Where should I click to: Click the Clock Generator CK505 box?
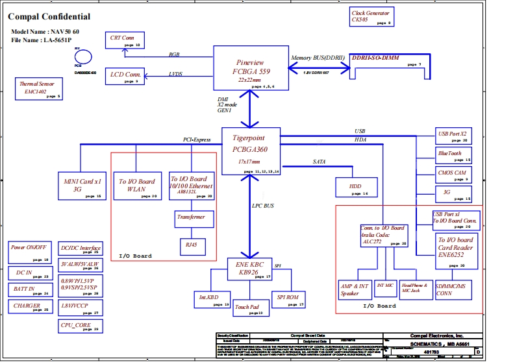pyautogui.click(x=371, y=18)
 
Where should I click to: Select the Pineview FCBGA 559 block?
pyautogui.click(x=250, y=69)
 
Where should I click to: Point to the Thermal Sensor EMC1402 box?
pyautogui.click(x=40, y=89)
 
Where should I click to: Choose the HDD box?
pyautogui.click(x=355, y=187)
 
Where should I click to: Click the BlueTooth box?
pyautogui.click(x=453, y=155)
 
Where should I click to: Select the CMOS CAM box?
pyautogui.click(x=453, y=175)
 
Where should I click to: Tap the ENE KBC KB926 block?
pyautogui.click(x=250, y=268)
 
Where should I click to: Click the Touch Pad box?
pyautogui.click(x=250, y=308)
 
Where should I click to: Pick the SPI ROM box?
pyautogui.click(x=288, y=299)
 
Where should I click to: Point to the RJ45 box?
pyautogui.click(x=191, y=247)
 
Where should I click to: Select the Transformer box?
pyautogui.click(x=194, y=219)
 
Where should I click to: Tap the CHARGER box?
pyautogui.click(x=28, y=307)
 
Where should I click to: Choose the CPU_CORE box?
pyautogui.click(x=79, y=326)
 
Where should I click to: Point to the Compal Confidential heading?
pyautogui.click(x=49, y=17)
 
